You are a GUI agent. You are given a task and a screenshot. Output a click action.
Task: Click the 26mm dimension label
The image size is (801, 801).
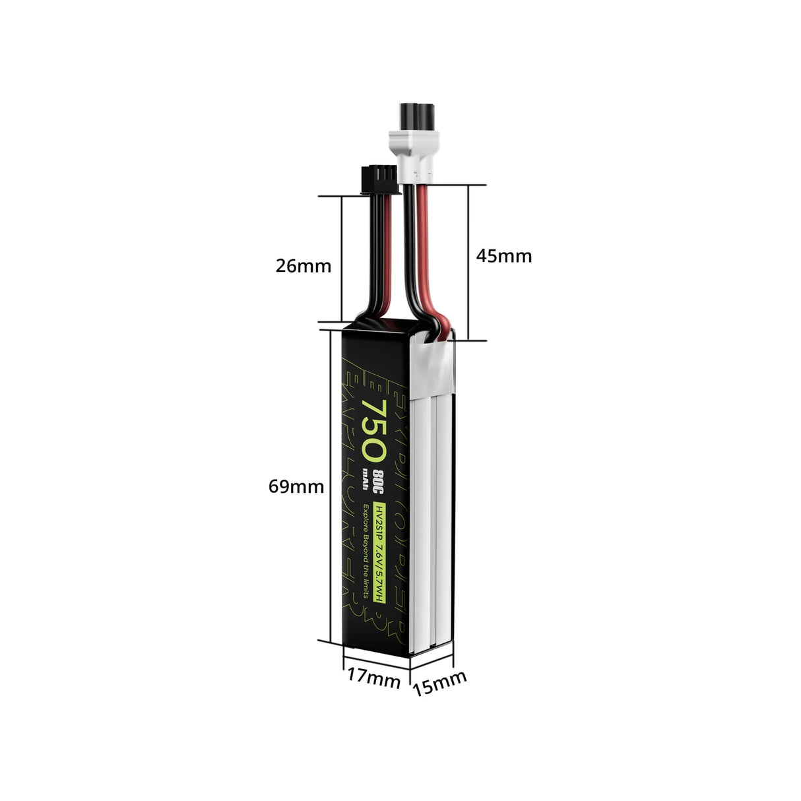pos(303,266)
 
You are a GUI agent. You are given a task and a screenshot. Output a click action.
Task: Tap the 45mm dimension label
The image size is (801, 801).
pos(503,256)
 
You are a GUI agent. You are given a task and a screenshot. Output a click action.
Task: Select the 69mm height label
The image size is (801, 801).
pos(296,487)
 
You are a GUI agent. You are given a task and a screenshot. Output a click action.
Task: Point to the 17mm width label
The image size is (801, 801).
pos(373,679)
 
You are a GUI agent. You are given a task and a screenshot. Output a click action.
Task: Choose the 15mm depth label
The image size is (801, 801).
pos(439,683)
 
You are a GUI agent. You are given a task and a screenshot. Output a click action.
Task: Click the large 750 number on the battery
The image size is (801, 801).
pos(374,430)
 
